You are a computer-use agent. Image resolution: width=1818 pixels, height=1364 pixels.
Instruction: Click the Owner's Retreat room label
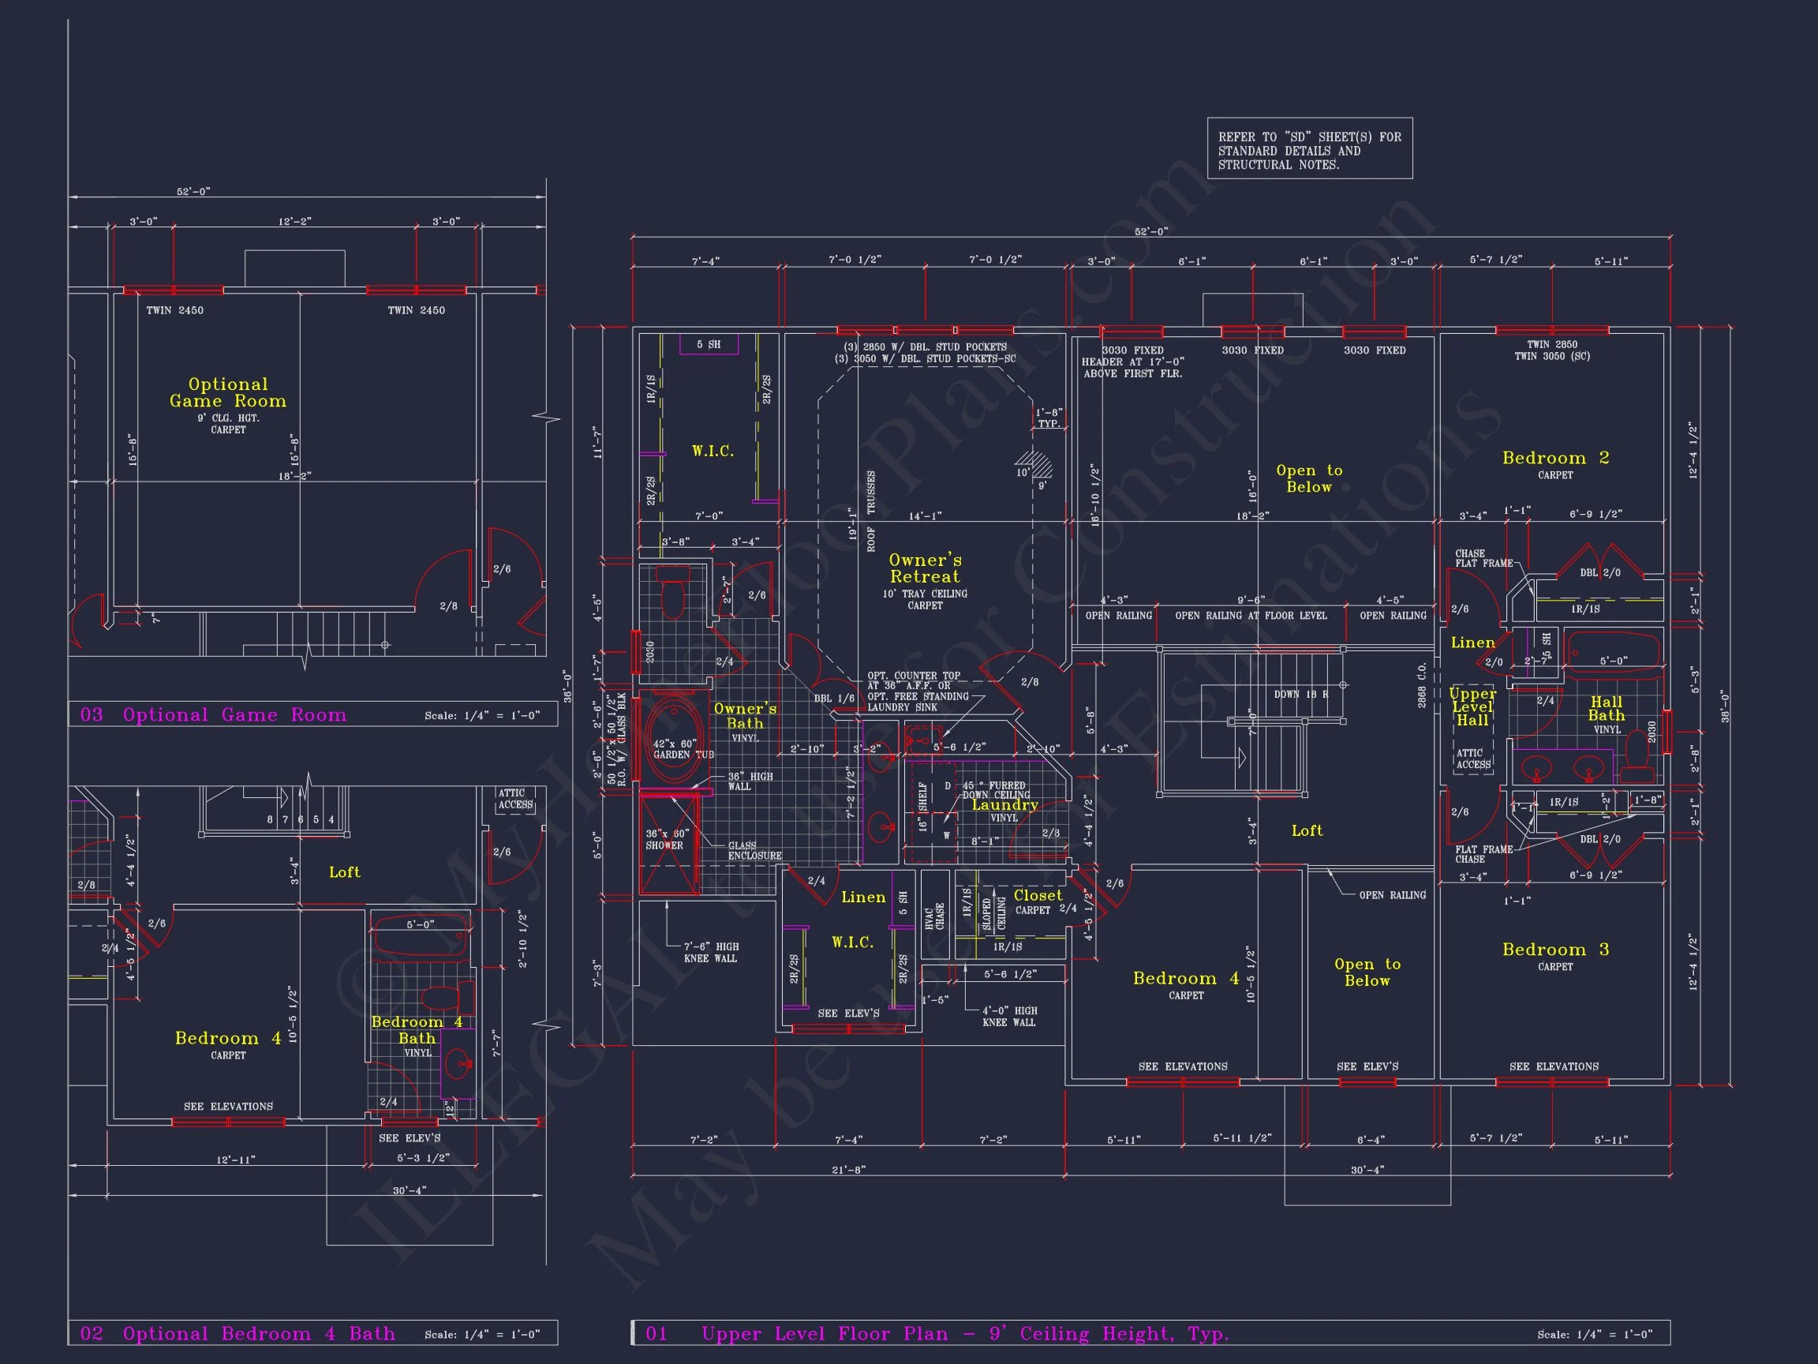pyautogui.click(x=925, y=568)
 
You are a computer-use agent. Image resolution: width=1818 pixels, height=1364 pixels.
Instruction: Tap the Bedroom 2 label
pyautogui.click(x=1555, y=458)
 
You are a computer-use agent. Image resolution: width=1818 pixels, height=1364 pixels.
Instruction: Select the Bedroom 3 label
pyautogui.click(x=1555, y=950)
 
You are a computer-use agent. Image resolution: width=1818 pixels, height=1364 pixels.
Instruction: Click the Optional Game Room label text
pyautogui.click(x=228, y=393)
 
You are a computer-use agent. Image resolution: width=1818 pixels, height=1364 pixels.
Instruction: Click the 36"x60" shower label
pyautogui.click(x=667, y=839)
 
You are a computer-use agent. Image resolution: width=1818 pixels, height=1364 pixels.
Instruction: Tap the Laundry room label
pyautogui.click(x=1004, y=805)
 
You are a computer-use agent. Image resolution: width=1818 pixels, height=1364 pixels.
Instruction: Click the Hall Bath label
pyautogui.click(x=1606, y=709)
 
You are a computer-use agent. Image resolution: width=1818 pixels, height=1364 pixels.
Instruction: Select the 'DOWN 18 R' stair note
pyautogui.click(x=1301, y=694)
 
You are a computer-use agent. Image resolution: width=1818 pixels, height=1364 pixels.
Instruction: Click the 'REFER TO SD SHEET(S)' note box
pyautogui.click(x=1309, y=151)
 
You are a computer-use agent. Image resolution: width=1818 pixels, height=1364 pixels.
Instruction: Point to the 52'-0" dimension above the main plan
pyautogui.click(x=1150, y=232)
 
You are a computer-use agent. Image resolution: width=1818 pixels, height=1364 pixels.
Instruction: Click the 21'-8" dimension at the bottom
pyautogui.click(x=848, y=1169)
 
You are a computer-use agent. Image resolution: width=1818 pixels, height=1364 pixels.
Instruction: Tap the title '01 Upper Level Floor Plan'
pyautogui.click(x=937, y=1332)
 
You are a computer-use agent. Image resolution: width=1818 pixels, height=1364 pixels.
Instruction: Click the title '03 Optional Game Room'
pyautogui.click(x=214, y=714)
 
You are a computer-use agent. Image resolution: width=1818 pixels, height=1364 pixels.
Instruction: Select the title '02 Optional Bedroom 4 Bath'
pyautogui.click(x=238, y=1332)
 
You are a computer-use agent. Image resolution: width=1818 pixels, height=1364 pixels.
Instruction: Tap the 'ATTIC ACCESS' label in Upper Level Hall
pyautogui.click(x=1473, y=758)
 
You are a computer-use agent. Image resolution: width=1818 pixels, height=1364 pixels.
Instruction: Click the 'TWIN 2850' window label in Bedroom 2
pyautogui.click(x=1552, y=344)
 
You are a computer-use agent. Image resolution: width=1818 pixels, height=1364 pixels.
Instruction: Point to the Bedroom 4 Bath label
pyautogui.click(x=417, y=1029)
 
